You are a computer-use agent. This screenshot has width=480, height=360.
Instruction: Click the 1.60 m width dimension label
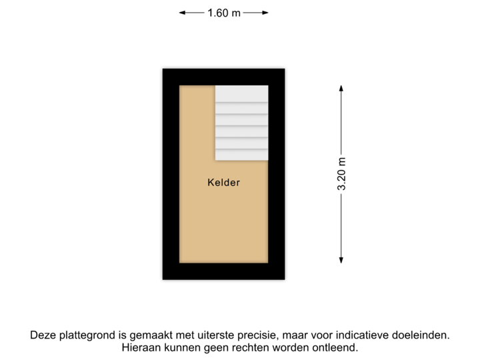point(224,13)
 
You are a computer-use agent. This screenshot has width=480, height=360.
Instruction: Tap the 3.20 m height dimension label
point(341,175)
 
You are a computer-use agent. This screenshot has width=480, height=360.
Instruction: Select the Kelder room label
point(223,182)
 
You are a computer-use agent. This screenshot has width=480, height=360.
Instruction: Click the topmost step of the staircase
point(241,93)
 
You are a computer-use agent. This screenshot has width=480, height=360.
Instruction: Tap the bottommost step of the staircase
point(241,155)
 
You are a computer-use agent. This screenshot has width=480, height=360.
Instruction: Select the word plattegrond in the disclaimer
point(86,335)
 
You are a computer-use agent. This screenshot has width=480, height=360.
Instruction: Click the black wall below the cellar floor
point(223,273)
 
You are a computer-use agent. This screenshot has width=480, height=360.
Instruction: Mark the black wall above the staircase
point(241,75)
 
